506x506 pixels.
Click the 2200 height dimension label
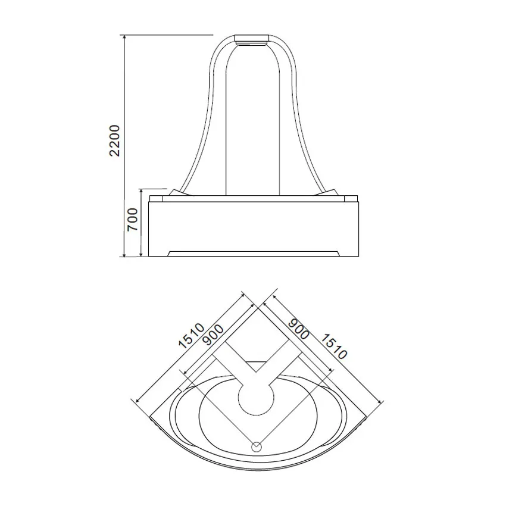click(x=114, y=140)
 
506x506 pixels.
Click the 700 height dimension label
click(x=132, y=220)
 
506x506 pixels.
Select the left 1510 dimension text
click(x=191, y=336)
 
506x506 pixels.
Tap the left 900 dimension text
click(x=214, y=335)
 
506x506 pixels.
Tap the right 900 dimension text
click(x=298, y=329)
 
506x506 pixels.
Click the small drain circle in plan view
click(x=257, y=447)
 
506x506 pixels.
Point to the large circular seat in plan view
click(x=256, y=397)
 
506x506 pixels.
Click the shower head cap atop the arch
click(x=252, y=39)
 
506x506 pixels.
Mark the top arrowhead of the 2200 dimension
click(x=124, y=37)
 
